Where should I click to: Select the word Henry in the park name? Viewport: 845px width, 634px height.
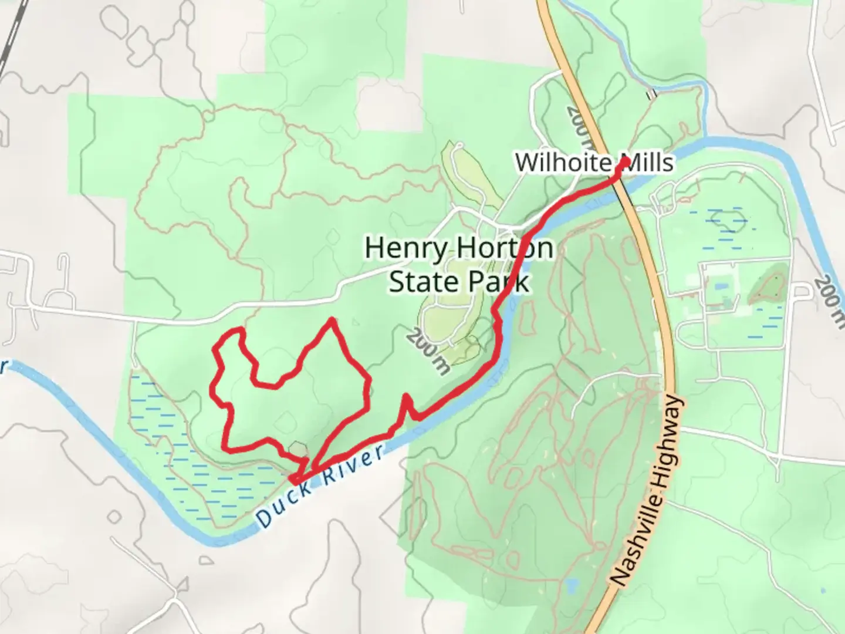tap(405, 248)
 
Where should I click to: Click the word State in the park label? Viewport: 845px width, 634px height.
tap(418, 282)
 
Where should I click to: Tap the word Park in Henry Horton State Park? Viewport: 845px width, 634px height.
tap(499, 282)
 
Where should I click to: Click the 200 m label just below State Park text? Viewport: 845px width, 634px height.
tap(428, 351)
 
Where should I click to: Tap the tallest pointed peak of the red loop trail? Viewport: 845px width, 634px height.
tap(333, 320)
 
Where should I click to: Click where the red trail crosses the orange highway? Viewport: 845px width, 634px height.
tap(616, 180)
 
